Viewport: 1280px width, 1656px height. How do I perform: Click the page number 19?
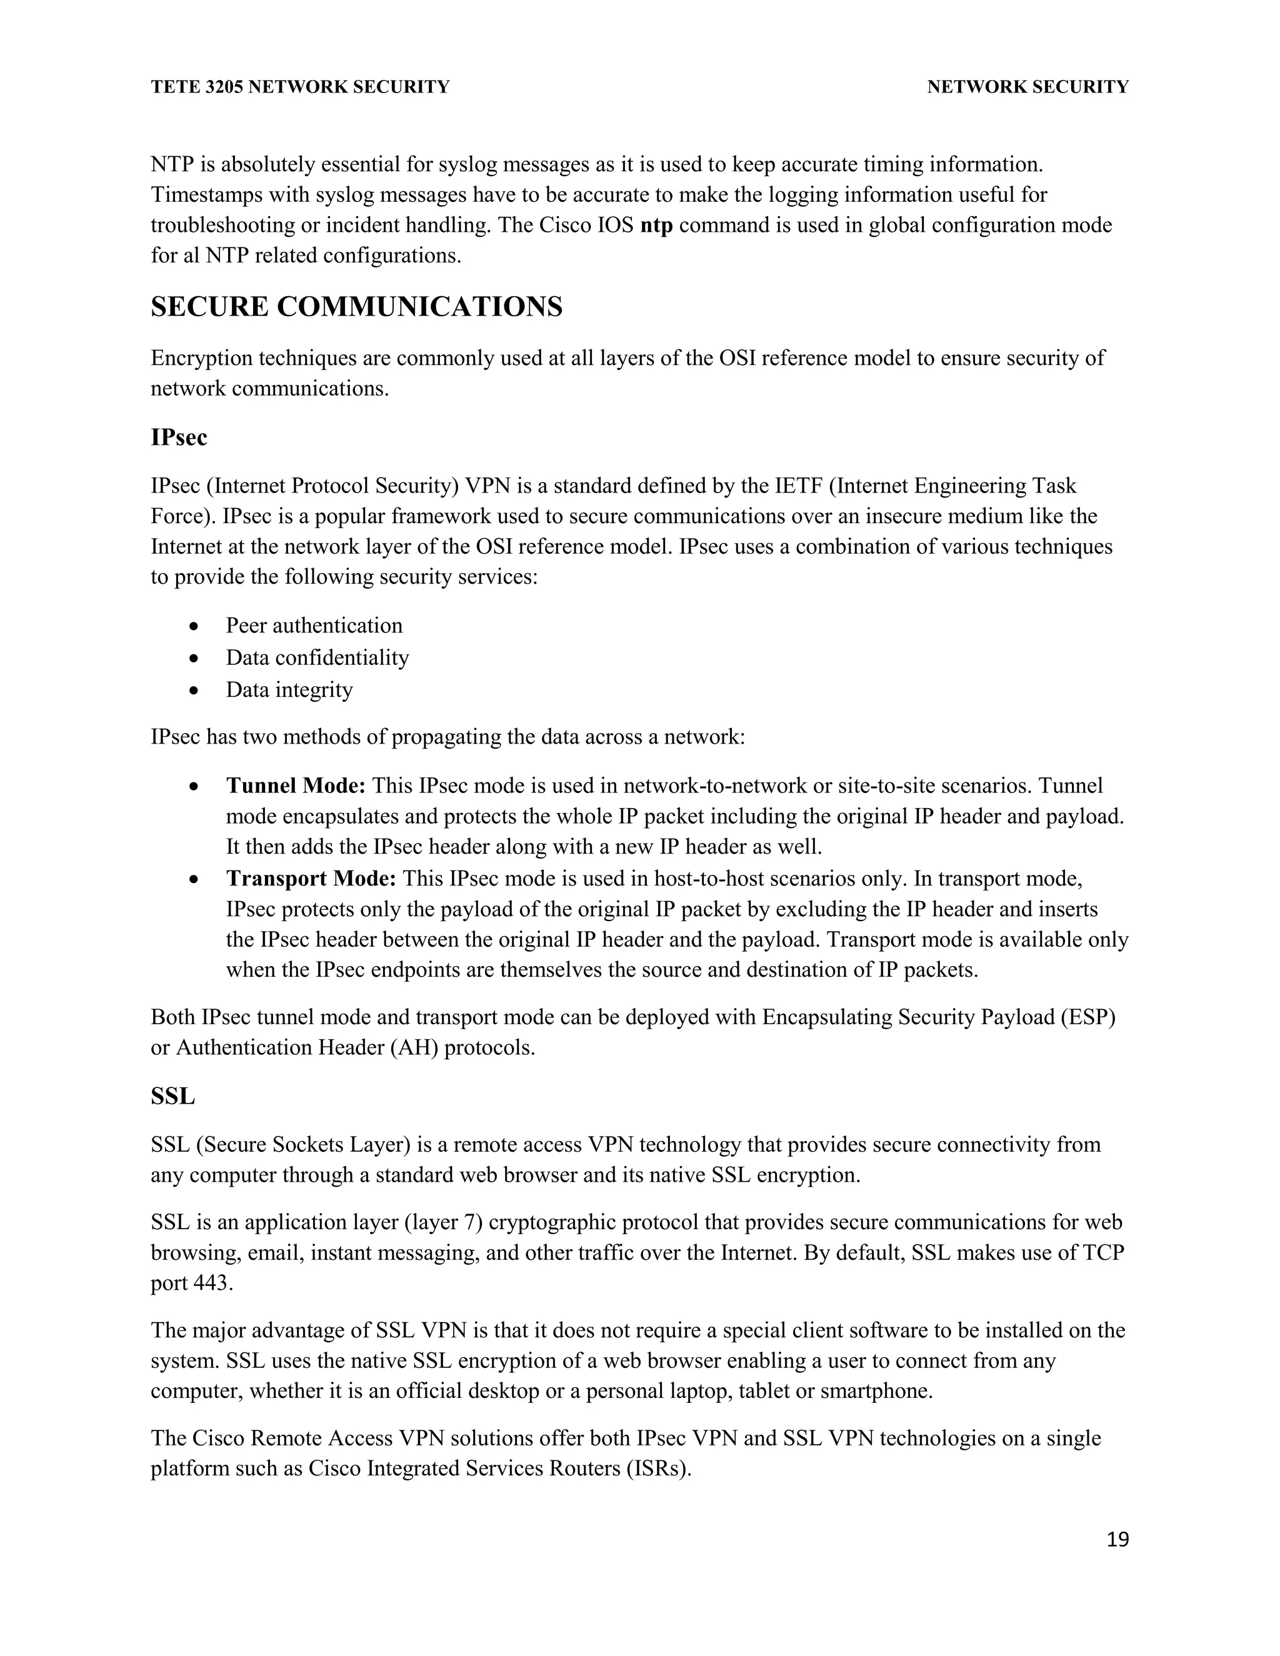click(x=1117, y=1539)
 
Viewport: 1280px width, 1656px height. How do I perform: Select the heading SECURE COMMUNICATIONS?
click(x=356, y=307)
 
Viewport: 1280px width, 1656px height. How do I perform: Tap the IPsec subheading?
click(x=179, y=437)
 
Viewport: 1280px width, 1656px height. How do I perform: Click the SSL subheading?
click(x=173, y=1097)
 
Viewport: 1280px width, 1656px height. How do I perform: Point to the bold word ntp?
click(x=657, y=225)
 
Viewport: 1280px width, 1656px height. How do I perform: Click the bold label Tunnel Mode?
click(x=296, y=786)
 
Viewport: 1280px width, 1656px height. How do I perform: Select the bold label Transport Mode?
click(x=311, y=879)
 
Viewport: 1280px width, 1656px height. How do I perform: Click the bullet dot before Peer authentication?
click(x=196, y=627)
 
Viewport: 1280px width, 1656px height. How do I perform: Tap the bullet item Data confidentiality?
click(x=317, y=657)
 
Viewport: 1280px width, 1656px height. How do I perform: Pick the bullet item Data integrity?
click(x=289, y=690)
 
